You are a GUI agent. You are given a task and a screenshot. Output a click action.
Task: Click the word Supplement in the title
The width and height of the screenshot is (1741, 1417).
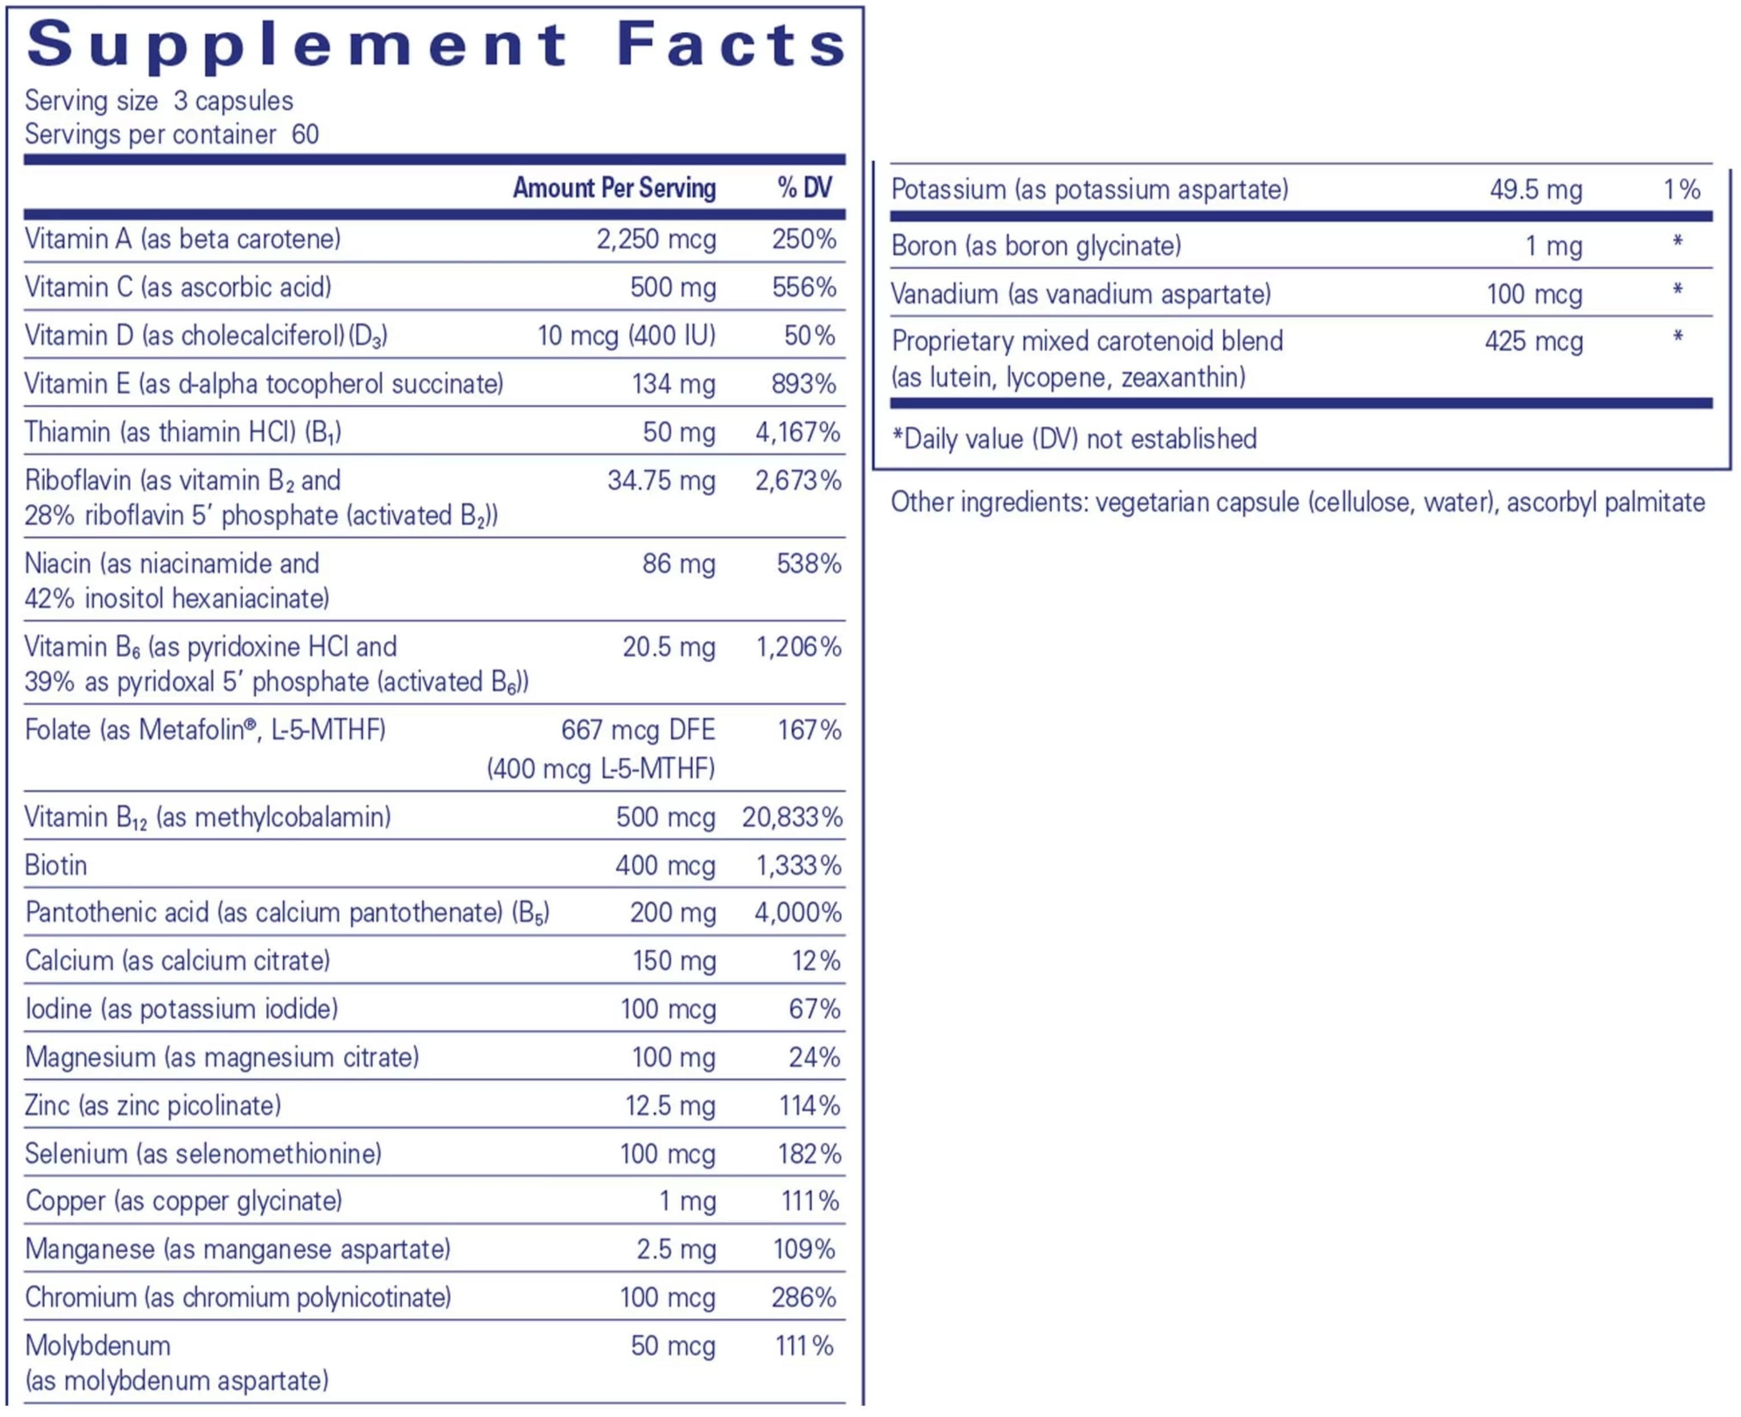click(297, 45)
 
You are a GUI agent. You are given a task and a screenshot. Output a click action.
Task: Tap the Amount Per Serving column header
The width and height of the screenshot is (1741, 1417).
click(614, 189)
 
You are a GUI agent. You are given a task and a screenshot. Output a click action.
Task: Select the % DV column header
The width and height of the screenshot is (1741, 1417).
click(804, 189)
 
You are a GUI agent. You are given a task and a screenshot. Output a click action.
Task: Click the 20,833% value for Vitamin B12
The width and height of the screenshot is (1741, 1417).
click(792, 817)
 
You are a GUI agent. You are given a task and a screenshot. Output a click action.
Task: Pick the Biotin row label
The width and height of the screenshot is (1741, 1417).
click(56, 865)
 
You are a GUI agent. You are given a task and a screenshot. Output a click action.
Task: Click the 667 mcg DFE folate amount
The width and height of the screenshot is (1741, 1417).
click(638, 730)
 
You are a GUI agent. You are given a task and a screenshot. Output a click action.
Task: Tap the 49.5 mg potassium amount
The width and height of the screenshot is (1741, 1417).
click(1535, 190)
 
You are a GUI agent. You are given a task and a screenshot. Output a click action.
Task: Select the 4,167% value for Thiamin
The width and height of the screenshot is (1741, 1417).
click(797, 432)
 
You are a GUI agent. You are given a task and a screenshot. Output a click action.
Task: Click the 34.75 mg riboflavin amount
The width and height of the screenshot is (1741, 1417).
click(660, 481)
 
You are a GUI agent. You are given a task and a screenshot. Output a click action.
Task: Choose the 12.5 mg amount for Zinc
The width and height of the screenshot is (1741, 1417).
click(670, 1106)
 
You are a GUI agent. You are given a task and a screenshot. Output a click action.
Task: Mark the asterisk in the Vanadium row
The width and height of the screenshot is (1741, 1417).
click(1677, 290)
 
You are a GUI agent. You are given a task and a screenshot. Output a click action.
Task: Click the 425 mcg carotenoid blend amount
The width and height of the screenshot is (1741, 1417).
click(1533, 341)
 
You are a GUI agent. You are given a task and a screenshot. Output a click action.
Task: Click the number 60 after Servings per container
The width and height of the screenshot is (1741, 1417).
click(305, 135)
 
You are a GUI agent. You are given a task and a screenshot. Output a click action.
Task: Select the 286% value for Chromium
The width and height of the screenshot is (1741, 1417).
click(803, 1298)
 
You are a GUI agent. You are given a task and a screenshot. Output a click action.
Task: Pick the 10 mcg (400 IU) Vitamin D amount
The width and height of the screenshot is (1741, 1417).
click(625, 335)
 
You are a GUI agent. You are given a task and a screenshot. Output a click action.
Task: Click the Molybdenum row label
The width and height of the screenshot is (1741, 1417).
click(98, 1346)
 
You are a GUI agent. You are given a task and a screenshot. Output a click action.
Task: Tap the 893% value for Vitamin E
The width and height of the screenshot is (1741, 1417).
click(803, 384)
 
